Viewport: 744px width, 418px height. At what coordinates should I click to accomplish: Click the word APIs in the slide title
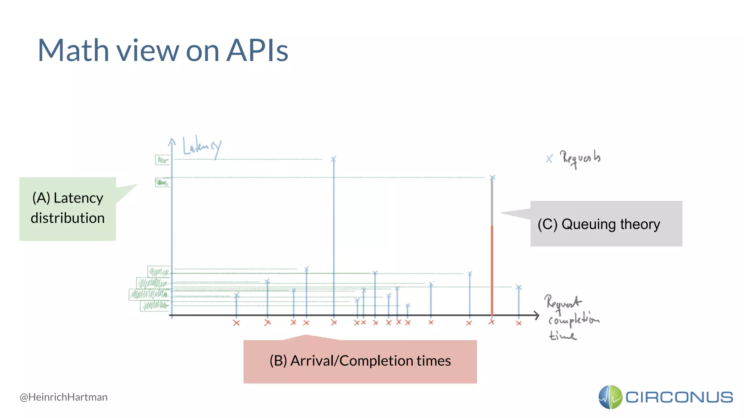coord(257,51)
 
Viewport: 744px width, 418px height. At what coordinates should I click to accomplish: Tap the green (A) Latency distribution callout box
coord(68,208)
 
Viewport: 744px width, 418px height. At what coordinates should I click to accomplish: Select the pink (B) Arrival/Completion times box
coord(360,361)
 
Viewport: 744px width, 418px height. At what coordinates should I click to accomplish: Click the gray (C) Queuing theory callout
coord(606,224)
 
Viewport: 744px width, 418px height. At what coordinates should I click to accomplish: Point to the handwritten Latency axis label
coord(202,147)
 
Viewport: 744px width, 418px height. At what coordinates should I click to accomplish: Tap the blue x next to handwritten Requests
coord(549,159)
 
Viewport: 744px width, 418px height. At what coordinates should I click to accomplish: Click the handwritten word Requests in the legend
coord(580,158)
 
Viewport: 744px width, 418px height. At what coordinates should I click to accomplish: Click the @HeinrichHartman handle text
coord(64,397)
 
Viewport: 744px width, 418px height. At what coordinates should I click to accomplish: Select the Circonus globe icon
coord(610,397)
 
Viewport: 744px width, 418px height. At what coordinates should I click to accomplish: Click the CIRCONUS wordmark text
coord(679,397)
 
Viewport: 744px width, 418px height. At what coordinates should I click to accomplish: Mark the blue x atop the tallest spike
coord(333,159)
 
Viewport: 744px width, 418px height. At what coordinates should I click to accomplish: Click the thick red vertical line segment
coord(492,270)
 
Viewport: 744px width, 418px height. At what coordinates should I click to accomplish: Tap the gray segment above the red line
coord(492,203)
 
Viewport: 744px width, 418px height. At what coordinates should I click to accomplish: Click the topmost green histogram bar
coord(162,160)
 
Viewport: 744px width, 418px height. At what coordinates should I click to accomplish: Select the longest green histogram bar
coord(149,294)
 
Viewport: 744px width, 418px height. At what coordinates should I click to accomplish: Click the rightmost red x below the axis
coord(518,323)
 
